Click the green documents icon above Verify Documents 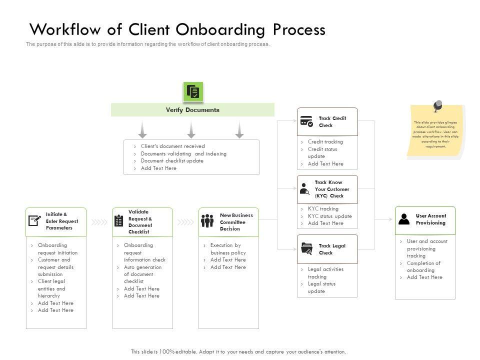click(193, 91)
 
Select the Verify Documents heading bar click(192, 110)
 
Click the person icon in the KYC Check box click(304, 189)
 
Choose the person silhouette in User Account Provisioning click(404, 219)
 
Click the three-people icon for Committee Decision click(207, 220)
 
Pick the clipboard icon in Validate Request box click(119, 220)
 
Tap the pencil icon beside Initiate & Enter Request click(35, 220)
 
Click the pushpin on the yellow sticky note click(437, 106)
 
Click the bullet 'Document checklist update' click(172, 161)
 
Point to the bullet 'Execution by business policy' click(227, 249)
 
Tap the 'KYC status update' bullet click(329, 216)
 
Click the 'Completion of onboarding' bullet click(423, 266)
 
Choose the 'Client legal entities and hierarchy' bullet click(51, 288)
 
